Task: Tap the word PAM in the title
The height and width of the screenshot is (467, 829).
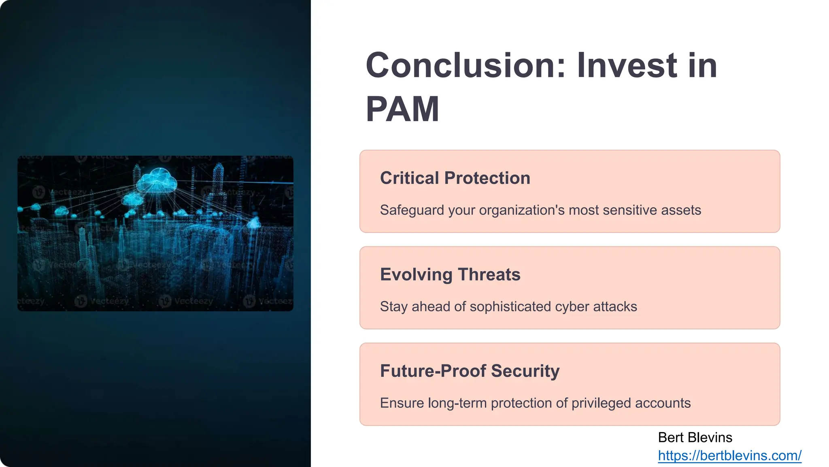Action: click(x=402, y=109)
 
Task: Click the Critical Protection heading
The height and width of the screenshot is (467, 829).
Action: click(x=455, y=178)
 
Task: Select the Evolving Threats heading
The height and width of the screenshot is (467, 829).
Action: click(x=450, y=275)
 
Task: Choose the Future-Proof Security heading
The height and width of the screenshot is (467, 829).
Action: click(x=470, y=371)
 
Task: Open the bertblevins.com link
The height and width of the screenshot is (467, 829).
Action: click(x=729, y=456)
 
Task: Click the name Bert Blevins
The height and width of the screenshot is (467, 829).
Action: click(x=695, y=438)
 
